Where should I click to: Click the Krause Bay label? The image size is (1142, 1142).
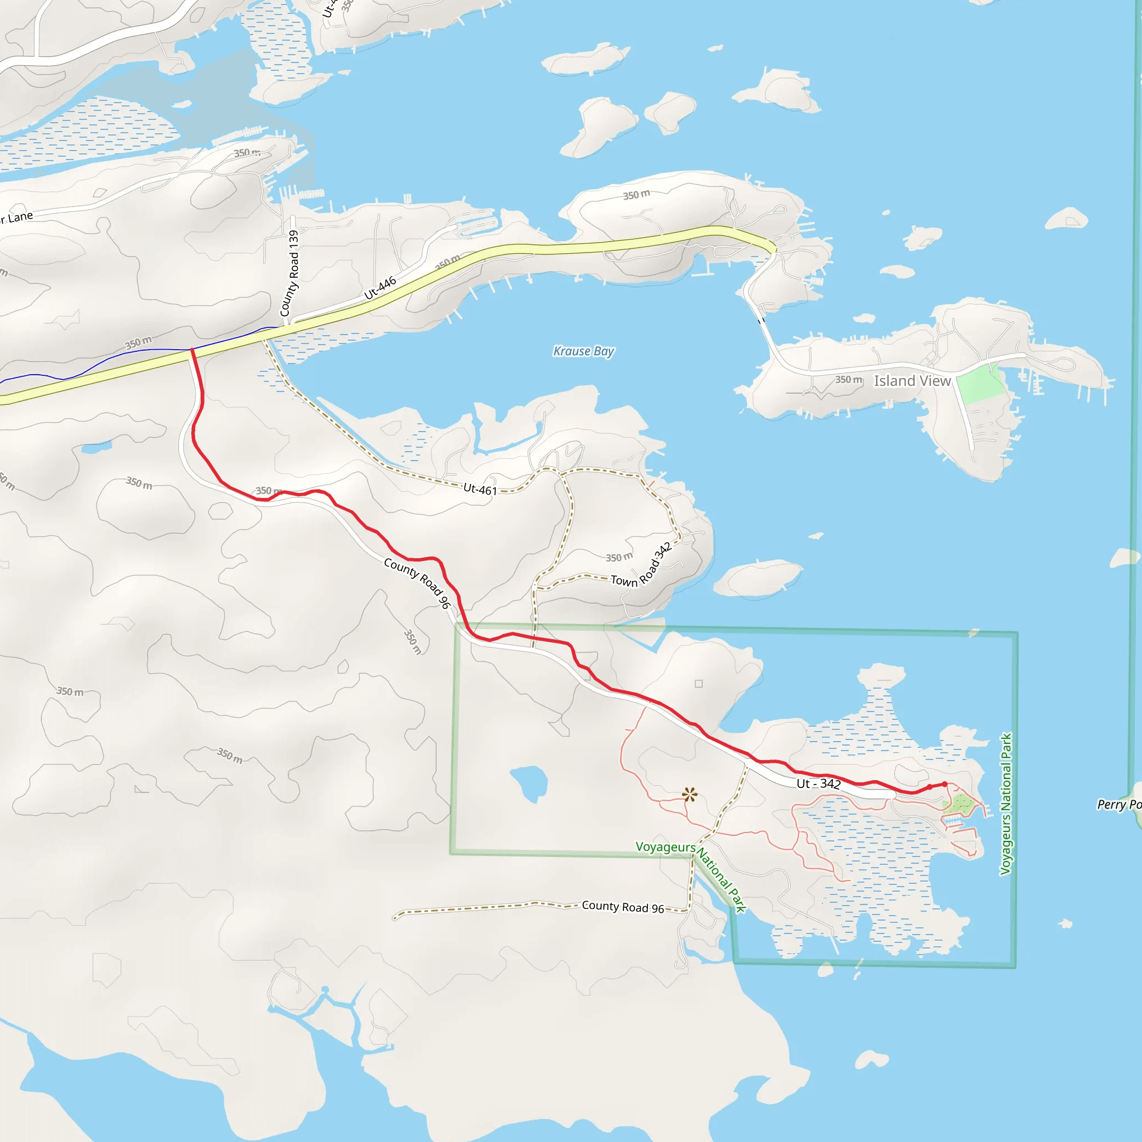(x=583, y=351)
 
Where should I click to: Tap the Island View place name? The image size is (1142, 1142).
(x=912, y=381)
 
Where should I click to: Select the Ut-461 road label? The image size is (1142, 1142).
(x=480, y=490)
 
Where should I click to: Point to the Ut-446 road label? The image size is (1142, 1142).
(x=380, y=288)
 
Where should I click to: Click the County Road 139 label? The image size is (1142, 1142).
(x=289, y=273)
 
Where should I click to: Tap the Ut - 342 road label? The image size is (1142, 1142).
(x=818, y=784)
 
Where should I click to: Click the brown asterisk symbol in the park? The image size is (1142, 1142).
(x=689, y=795)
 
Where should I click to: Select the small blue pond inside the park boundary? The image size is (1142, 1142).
(x=530, y=782)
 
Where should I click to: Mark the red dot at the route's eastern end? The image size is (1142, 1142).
(x=945, y=785)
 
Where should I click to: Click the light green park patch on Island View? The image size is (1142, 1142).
(x=980, y=384)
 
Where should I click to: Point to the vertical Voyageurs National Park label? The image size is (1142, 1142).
(x=1005, y=804)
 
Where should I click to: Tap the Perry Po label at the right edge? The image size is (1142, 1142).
(x=1119, y=805)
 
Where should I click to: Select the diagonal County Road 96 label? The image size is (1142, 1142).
(x=417, y=583)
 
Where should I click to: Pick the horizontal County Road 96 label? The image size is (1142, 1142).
(x=622, y=907)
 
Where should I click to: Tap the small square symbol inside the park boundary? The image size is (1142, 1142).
(x=699, y=684)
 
